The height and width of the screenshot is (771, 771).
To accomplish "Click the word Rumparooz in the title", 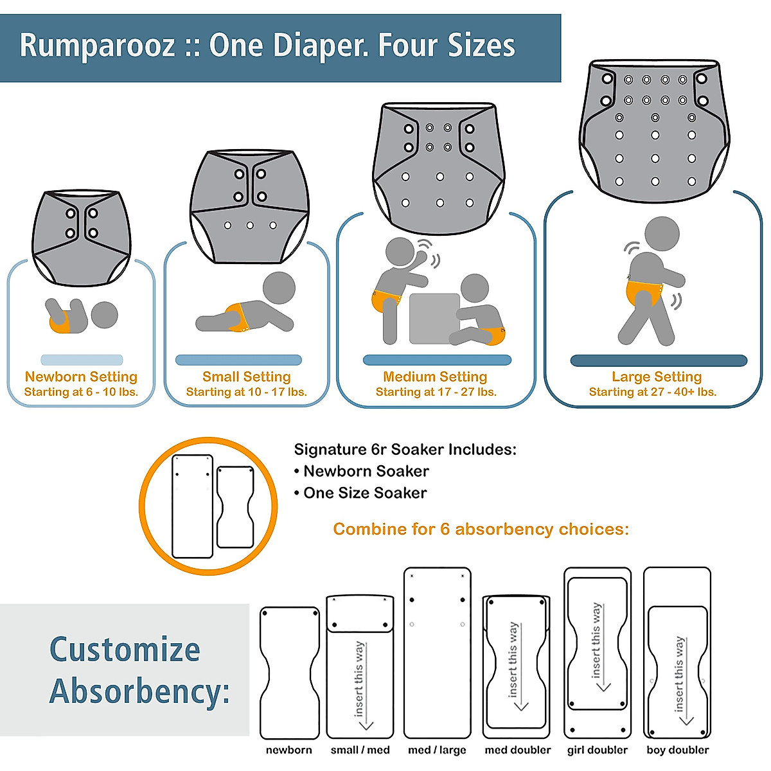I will [97, 46].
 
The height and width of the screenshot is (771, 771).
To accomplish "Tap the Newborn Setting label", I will [81, 377].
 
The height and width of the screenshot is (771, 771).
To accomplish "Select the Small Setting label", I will [246, 377].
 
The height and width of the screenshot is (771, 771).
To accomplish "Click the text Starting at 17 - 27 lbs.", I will [436, 392].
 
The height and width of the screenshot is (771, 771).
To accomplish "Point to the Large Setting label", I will [656, 377].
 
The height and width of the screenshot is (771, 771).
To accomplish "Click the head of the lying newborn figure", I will [104, 315].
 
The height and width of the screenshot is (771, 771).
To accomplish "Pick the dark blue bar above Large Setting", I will [659, 360].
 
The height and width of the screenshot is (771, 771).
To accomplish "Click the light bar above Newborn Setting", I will [82, 360].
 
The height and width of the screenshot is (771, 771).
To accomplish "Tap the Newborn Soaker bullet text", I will [366, 471].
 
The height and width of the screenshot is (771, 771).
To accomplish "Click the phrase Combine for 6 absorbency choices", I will [481, 529].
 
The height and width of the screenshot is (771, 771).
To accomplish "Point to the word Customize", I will [125, 650].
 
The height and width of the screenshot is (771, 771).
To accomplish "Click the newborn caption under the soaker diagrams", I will [288, 750].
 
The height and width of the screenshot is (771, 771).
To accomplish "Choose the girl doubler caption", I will [597, 750].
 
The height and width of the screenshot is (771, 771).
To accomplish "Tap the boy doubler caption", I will [677, 750].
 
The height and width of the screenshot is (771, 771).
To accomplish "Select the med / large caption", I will [437, 750].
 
